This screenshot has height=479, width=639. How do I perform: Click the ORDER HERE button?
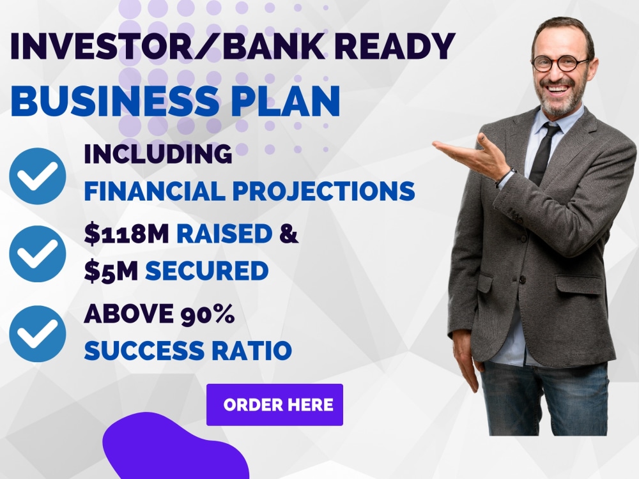275,404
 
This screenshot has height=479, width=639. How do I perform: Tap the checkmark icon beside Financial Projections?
38,176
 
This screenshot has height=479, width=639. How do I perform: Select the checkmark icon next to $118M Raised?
38,254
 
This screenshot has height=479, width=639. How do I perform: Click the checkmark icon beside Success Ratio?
38,333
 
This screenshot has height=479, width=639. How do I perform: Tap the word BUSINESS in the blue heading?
115,101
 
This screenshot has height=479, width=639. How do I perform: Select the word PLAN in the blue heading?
285,101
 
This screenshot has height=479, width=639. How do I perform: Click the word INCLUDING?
158,154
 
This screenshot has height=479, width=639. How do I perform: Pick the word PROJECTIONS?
323,191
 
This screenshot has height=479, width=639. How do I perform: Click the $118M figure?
127,233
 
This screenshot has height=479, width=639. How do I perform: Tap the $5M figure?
111,271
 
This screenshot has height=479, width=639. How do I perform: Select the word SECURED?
206,271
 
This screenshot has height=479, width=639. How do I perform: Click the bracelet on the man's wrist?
505,177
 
